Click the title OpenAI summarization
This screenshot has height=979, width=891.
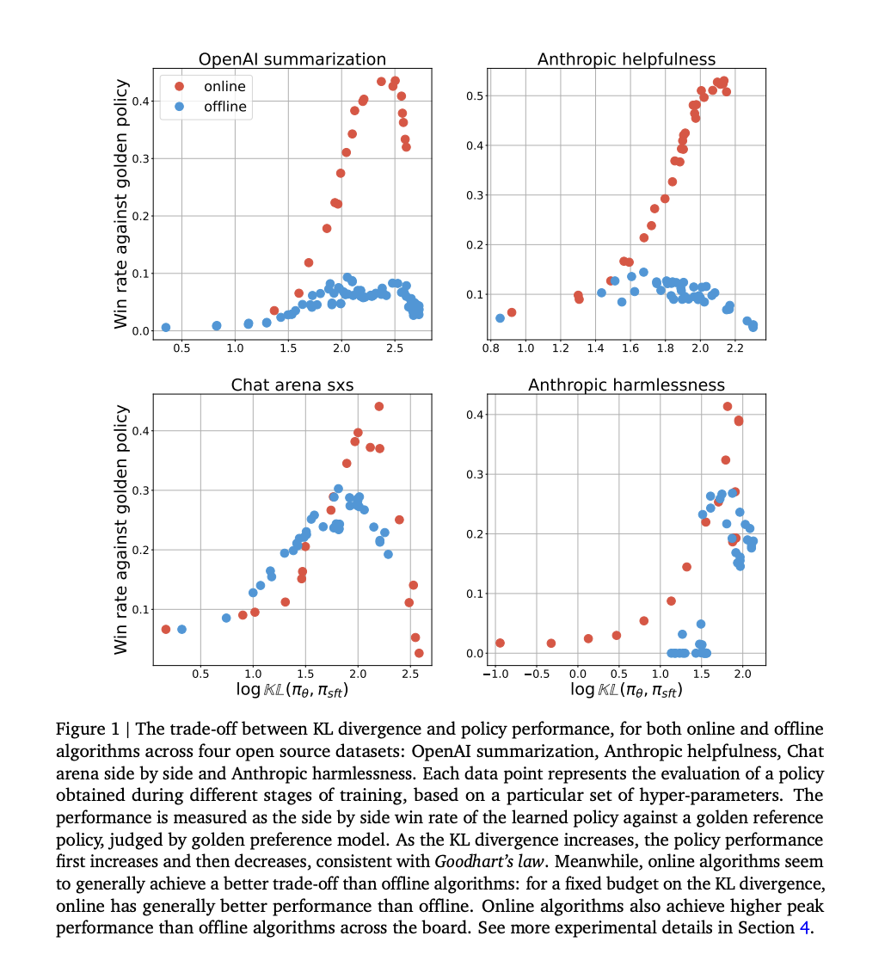pos(292,59)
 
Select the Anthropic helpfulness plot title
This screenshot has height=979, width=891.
pos(626,59)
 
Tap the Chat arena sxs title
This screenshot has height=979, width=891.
pos(292,385)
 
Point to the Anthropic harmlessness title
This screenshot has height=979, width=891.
pos(626,385)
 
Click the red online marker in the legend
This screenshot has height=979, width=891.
pos(179,86)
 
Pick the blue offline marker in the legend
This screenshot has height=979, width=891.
pos(179,107)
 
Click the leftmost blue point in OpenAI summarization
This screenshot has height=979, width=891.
pos(165,328)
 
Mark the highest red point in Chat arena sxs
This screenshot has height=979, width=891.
pos(378,406)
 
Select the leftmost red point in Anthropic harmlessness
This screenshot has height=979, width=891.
pos(500,643)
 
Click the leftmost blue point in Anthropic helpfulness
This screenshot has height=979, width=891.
pos(500,318)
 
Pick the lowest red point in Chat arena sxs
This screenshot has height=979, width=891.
pos(419,653)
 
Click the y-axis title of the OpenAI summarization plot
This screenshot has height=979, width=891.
pos(122,204)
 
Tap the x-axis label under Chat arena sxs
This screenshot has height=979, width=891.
pos(292,690)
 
